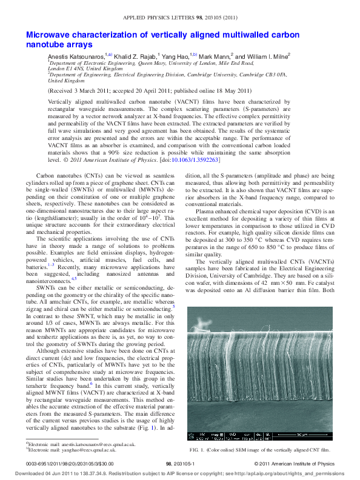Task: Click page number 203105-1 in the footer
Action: pyautogui.click(x=179, y=463)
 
